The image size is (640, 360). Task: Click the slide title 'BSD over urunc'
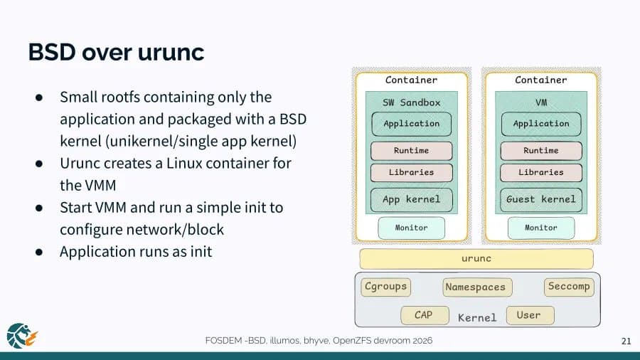[x=116, y=52]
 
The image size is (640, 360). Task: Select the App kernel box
[x=411, y=199]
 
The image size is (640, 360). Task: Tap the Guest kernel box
[x=540, y=199]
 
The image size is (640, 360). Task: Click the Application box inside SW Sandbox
[x=411, y=124]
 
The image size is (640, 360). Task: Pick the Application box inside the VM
[x=540, y=124]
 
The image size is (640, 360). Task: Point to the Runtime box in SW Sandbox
[x=411, y=151]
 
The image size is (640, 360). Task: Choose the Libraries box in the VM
[x=540, y=172]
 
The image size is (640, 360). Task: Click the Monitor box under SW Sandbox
[x=411, y=228]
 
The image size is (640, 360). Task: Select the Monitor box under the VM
[x=540, y=228]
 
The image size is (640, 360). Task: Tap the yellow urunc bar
[x=476, y=259]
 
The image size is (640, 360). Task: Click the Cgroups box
[x=385, y=287]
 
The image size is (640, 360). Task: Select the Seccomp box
[x=568, y=287]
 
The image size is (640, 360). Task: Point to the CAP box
[x=423, y=315]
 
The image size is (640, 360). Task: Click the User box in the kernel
[x=529, y=315]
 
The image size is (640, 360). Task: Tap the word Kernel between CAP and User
[x=476, y=317]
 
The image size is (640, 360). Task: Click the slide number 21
[x=626, y=342]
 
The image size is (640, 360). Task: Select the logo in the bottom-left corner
[x=21, y=335]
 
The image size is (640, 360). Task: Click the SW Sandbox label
[x=411, y=102]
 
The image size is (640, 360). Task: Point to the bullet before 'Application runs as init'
[x=41, y=252]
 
